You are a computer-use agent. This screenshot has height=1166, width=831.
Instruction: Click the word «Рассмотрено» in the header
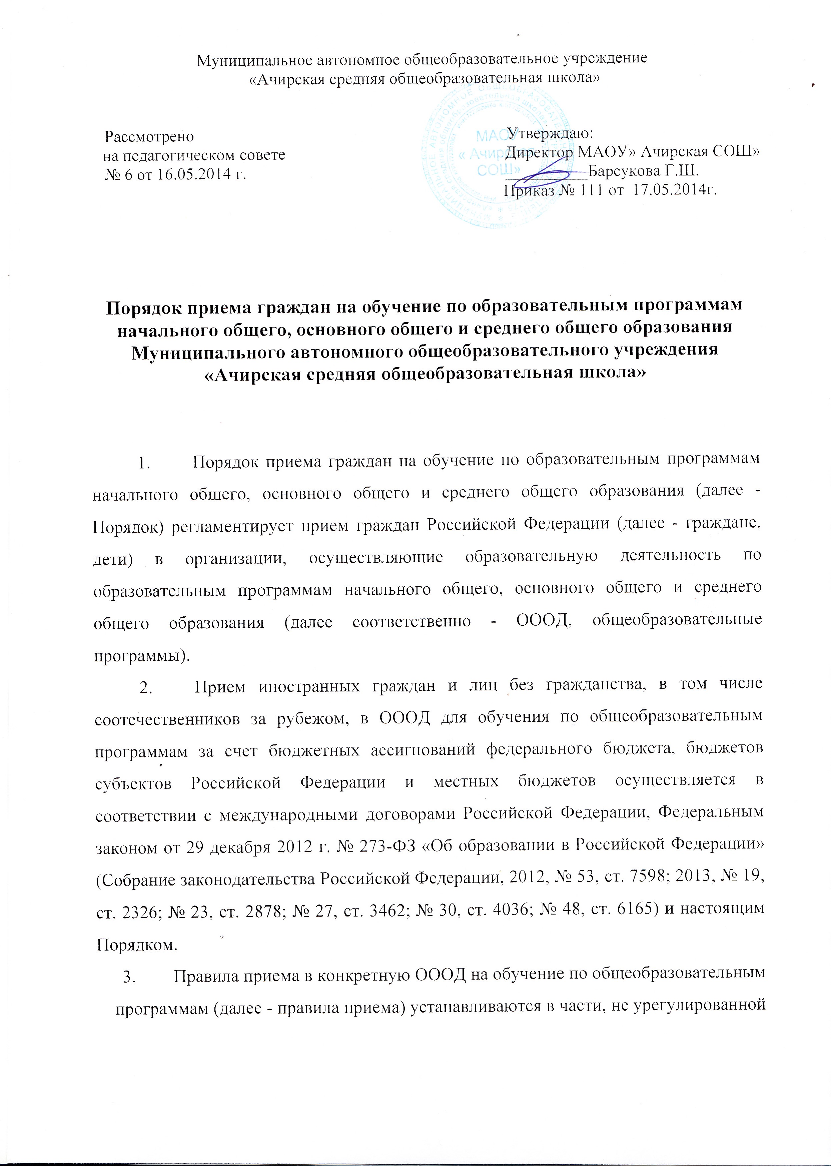[x=149, y=137]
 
